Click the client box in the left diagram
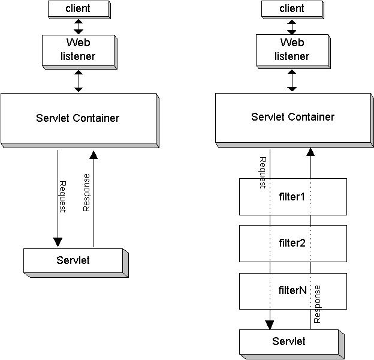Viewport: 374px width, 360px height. (77, 9)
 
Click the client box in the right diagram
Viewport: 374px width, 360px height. (291, 9)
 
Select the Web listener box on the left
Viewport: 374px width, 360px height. (77, 50)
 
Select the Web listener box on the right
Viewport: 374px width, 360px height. (291, 50)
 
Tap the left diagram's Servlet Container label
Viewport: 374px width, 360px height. (77, 118)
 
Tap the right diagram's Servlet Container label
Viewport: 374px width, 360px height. (292, 117)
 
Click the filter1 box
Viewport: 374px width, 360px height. (292, 196)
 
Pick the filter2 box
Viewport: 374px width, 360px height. (292, 243)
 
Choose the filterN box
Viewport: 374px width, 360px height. (292, 290)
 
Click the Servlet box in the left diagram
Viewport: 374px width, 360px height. (73, 260)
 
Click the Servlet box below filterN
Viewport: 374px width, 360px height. (289, 341)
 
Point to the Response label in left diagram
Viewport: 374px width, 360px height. (86, 193)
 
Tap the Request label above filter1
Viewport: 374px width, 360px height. (263, 173)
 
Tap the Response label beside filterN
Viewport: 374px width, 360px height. (317, 304)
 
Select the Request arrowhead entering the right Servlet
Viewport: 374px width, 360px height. (270, 325)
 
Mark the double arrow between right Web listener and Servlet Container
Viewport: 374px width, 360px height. (292, 80)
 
